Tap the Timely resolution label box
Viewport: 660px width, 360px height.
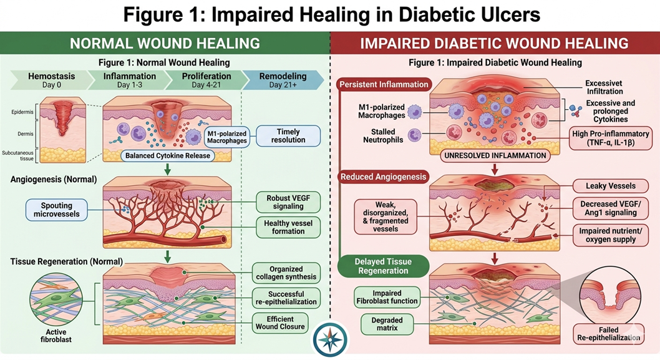point(288,136)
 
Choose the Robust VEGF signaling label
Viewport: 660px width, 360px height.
point(288,203)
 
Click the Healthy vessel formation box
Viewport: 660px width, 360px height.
point(288,226)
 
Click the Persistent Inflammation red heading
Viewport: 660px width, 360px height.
point(384,84)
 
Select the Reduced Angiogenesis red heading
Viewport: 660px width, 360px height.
point(383,177)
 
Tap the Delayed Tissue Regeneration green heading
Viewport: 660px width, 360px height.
point(382,266)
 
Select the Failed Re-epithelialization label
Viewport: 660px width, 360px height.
point(608,333)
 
